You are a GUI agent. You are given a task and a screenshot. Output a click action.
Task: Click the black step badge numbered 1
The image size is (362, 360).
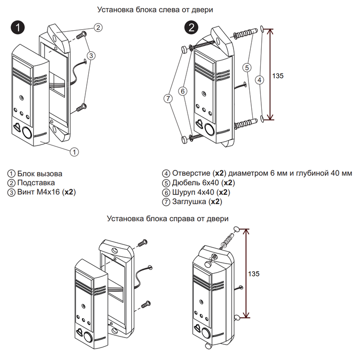(x=18, y=28)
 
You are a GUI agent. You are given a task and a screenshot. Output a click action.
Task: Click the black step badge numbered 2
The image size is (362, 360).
(x=192, y=28)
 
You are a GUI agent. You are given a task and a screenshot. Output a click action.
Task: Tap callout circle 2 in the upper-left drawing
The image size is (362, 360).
(x=97, y=27)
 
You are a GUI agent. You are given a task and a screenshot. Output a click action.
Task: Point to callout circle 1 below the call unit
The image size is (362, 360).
(x=74, y=152)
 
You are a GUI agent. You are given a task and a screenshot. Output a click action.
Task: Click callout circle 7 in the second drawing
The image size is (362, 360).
(x=167, y=98)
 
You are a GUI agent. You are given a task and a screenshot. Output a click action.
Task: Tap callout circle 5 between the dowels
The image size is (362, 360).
(x=246, y=68)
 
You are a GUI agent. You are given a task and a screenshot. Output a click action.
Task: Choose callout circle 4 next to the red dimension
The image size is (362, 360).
(x=259, y=81)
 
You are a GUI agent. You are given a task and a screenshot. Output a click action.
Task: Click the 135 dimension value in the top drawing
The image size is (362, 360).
(x=278, y=76)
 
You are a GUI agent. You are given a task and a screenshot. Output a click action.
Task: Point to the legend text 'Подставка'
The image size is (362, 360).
(x=36, y=183)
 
